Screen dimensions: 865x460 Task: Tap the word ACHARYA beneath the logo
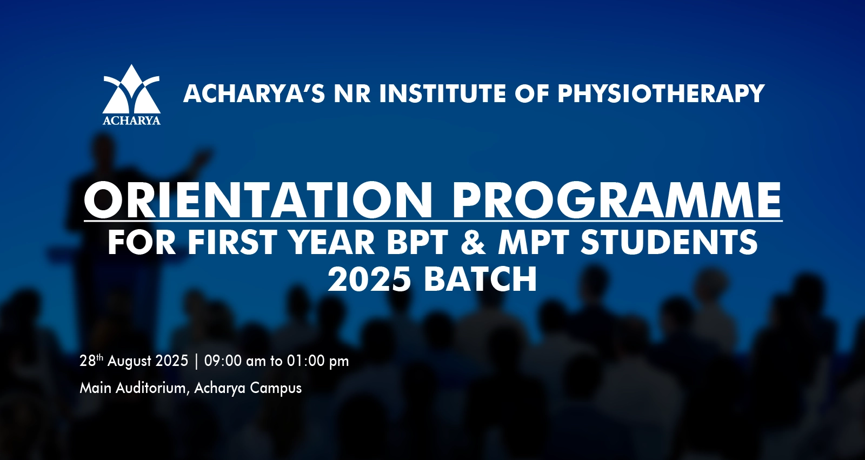coord(132,121)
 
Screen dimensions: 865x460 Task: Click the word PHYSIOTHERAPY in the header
coord(661,94)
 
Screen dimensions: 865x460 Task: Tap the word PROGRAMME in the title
coord(617,201)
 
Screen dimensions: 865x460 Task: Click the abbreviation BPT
coord(417,242)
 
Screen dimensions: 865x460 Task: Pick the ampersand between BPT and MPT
coord(473,242)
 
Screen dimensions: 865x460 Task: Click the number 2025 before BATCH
coord(369,279)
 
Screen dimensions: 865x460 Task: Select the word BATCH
coord(480,279)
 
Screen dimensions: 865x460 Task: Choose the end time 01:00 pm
coord(318,362)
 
